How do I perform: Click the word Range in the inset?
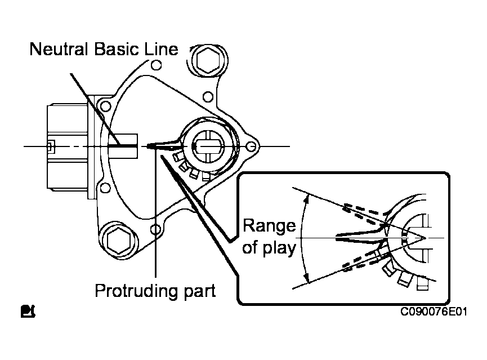coord(269,226)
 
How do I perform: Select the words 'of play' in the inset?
coord(269,247)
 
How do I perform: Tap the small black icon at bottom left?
coord(27,310)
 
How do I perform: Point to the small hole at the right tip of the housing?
coord(252,146)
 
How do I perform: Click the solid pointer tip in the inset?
coord(338,238)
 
